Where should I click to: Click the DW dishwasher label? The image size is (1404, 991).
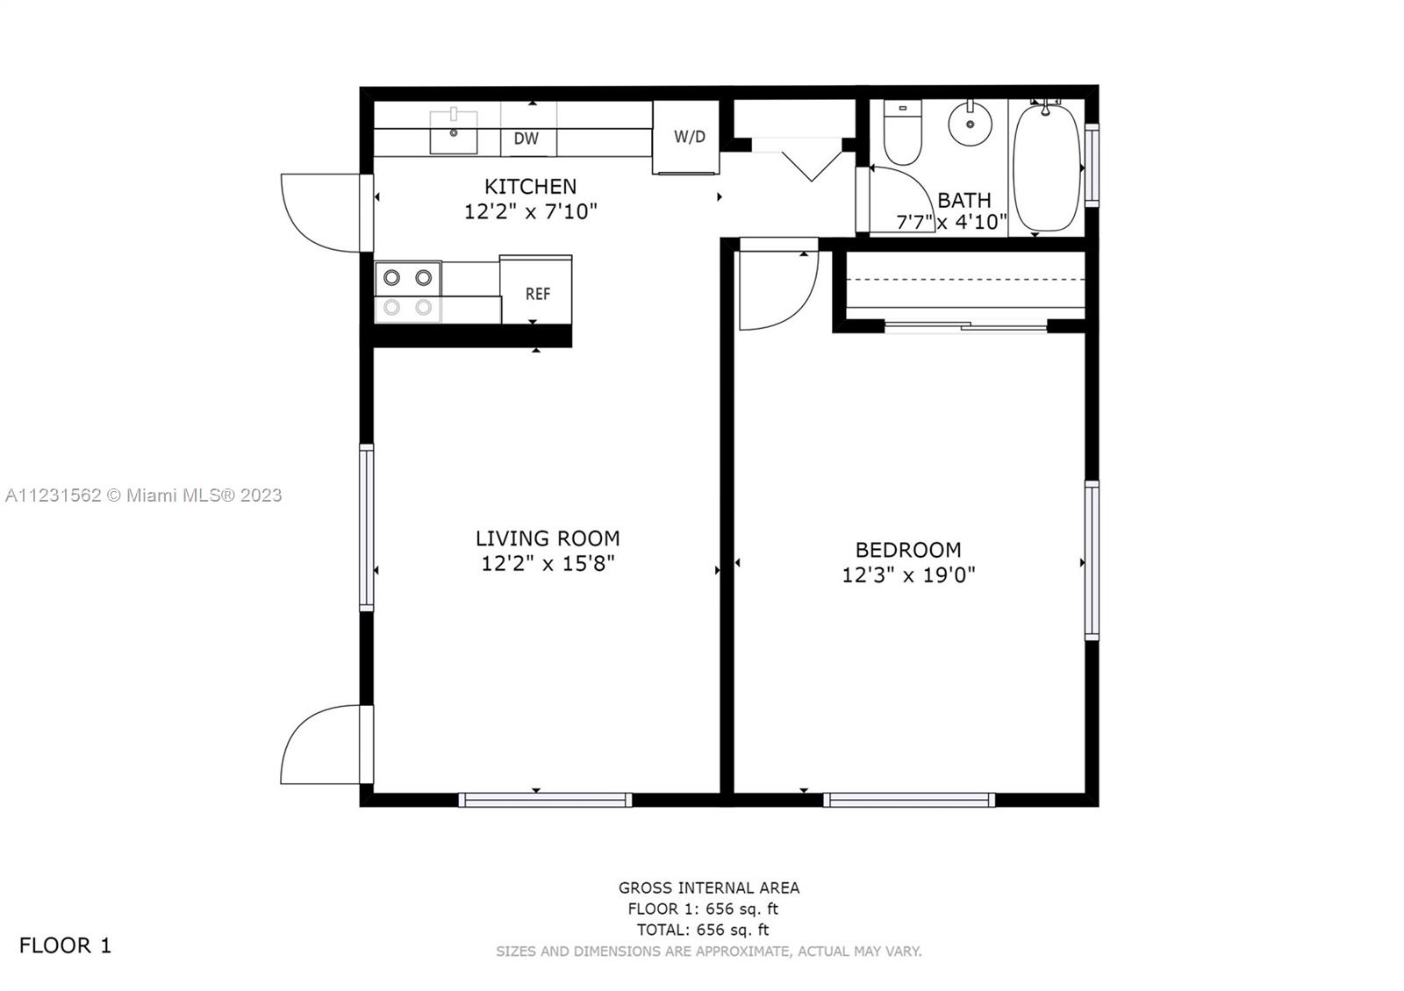(x=526, y=139)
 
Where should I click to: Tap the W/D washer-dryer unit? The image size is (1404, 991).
(x=685, y=137)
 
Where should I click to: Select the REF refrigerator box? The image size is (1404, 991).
(x=536, y=289)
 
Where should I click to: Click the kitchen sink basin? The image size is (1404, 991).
(x=453, y=132)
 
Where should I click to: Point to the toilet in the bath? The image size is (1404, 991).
(x=903, y=132)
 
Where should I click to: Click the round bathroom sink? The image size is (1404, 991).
(x=970, y=124)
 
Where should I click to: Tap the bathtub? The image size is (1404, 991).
(x=1046, y=167)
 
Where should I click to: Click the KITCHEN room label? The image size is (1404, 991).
(x=530, y=186)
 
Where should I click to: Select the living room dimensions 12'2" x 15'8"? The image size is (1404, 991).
(x=548, y=563)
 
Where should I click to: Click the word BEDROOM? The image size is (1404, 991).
(x=908, y=549)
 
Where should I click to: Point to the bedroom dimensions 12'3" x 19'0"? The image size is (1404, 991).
(x=908, y=574)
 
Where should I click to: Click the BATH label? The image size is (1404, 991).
(x=964, y=200)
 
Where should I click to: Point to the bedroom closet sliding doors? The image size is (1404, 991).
(x=965, y=325)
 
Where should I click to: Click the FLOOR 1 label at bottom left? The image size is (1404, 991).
(x=65, y=945)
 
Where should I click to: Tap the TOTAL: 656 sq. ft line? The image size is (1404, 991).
(x=703, y=930)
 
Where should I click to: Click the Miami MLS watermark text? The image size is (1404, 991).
(x=144, y=495)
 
